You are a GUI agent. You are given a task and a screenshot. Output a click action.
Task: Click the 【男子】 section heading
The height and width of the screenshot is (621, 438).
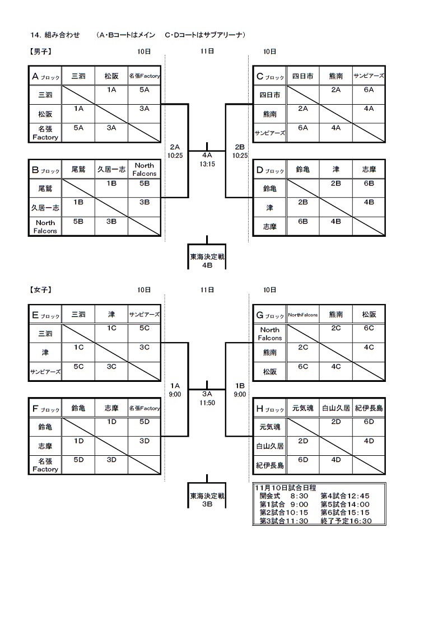click(40, 52)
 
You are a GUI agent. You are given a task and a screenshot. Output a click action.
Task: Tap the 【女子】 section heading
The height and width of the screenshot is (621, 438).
click(40, 290)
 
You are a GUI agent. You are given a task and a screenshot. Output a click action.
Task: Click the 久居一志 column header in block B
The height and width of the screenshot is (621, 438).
click(111, 169)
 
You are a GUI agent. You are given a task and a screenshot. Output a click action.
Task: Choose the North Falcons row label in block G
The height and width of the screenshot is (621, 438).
click(269, 334)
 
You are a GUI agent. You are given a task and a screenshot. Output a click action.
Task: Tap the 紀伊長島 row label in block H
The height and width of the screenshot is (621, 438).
click(269, 465)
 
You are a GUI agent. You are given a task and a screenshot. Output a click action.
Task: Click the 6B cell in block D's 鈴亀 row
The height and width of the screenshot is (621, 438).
click(369, 183)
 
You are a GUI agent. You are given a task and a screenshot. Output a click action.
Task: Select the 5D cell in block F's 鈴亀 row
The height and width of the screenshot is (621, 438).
click(145, 421)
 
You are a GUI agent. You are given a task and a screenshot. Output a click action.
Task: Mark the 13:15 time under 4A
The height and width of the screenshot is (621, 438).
click(207, 164)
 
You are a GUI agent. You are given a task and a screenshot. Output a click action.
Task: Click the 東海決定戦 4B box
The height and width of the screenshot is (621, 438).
click(207, 261)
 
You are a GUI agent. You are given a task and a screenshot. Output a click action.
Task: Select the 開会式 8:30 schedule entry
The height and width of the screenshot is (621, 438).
click(282, 496)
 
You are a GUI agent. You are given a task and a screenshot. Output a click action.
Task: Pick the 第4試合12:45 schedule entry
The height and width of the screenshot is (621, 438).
click(345, 496)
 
